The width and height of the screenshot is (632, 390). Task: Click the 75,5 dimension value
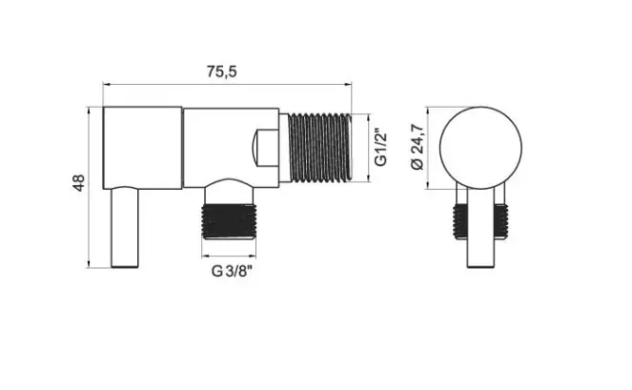pos(222,72)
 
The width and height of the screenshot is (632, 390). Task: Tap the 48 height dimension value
pos(78,183)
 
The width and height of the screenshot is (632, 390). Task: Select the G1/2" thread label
pos(380,147)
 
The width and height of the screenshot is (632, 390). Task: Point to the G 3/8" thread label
pos(233,271)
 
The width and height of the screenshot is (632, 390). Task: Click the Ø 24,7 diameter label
pos(418,147)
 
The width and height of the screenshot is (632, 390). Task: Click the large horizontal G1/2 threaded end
pos(320,148)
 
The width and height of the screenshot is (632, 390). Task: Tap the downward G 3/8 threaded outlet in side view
pos(229,221)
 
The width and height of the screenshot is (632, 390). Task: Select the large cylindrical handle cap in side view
pos(142,148)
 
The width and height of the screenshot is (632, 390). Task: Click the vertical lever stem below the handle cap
pos(125,228)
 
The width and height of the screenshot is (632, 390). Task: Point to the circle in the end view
pos(480,107)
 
